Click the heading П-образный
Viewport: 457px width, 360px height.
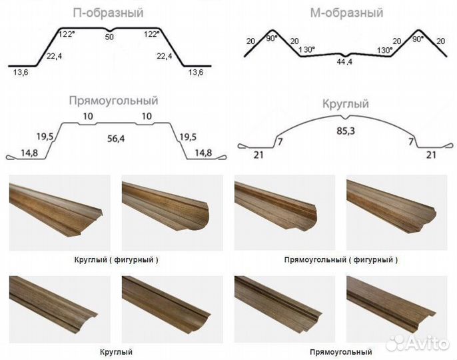pos(108,13)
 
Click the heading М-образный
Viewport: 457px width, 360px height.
pos(346,13)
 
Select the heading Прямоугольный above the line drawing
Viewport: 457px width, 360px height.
pos(113,101)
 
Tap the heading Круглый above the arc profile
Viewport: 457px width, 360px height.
pos(346,104)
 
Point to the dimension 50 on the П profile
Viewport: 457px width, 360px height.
pos(109,37)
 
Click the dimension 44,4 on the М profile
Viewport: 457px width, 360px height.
pos(344,62)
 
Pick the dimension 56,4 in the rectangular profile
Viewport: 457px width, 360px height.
pos(116,139)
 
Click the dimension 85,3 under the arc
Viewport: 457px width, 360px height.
pos(346,131)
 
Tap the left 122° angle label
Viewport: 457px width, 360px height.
pos(67,34)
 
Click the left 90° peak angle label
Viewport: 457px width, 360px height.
pos(271,38)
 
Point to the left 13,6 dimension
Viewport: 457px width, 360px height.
pos(21,73)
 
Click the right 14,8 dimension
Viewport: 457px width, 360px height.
pos(203,153)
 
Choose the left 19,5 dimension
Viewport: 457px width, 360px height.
pos(45,137)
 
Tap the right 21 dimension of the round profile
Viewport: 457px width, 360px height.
pos(431,155)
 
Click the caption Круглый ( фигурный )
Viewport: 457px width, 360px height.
pos(117,259)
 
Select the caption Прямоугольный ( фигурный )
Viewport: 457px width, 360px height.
pos(340,259)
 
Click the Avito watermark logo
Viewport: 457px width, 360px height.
pos(417,343)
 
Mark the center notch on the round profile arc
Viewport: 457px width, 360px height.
pos(346,117)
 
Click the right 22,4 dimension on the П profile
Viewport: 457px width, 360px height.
pos(165,56)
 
